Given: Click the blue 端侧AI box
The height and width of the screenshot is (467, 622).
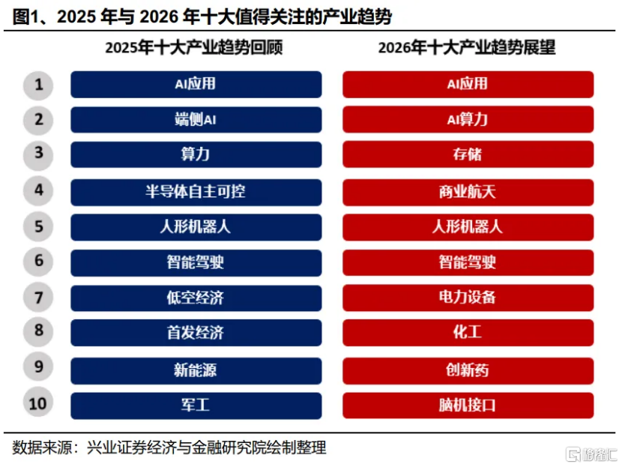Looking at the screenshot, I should pyautogui.click(x=196, y=119).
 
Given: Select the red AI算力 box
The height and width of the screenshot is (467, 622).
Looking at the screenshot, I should pyautogui.click(x=468, y=119).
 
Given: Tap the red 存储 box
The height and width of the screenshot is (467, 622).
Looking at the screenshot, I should pyautogui.click(x=468, y=155).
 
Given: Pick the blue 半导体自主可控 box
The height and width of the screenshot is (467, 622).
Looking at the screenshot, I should pyautogui.click(x=196, y=191).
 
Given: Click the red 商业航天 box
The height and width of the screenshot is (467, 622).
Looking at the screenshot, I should pyautogui.click(x=468, y=191).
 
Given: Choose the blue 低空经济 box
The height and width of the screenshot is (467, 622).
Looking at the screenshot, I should pyautogui.click(x=196, y=298).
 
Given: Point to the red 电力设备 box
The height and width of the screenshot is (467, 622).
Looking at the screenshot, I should pyautogui.click(x=468, y=298).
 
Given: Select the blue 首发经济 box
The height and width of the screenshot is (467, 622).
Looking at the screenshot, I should pyautogui.click(x=196, y=332).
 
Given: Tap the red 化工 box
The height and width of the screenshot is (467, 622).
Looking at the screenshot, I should pyautogui.click(x=468, y=332).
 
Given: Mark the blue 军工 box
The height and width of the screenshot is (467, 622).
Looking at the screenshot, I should pyautogui.click(x=196, y=406).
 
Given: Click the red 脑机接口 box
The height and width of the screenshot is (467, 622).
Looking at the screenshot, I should pyautogui.click(x=468, y=406).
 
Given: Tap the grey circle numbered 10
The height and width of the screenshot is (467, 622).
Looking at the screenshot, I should pyautogui.click(x=38, y=405).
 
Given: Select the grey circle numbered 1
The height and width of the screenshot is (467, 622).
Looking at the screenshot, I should pyautogui.click(x=38, y=85).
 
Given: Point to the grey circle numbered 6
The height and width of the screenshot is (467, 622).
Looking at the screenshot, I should pyautogui.click(x=38, y=262).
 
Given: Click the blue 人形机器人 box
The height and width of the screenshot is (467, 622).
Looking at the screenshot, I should pyautogui.click(x=196, y=226).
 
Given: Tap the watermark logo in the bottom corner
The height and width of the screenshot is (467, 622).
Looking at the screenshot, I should pyautogui.click(x=592, y=454).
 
